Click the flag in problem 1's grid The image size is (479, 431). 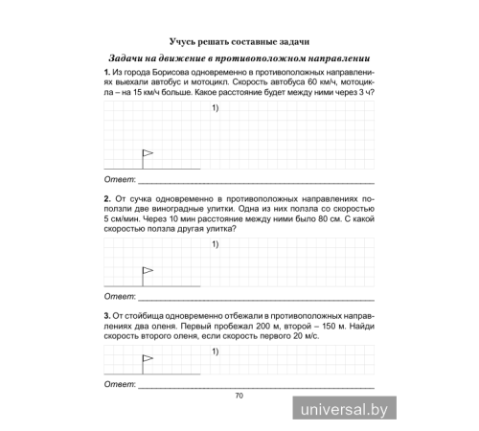coord(147,154)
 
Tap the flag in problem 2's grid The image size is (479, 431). coord(147,273)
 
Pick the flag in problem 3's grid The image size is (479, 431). coord(147,361)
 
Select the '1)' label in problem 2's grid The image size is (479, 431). coord(216,245)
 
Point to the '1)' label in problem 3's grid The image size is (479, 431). coord(216,352)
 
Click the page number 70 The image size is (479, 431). coord(239,395)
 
